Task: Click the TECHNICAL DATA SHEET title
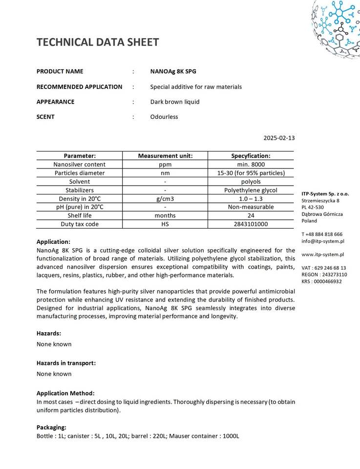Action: (x=98, y=42)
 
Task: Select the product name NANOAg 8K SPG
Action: (x=173, y=71)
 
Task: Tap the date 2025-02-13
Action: (x=279, y=138)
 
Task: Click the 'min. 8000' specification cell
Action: (x=251, y=165)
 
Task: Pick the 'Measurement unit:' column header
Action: (x=165, y=156)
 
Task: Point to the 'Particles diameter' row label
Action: (x=79, y=173)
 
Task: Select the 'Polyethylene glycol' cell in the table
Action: (x=251, y=190)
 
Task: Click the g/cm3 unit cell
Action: (x=165, y=199)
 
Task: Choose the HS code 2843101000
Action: (x=251, y=224)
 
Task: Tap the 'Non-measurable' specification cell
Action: (x=251, y=207)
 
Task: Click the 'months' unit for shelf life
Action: (x=165, y=216)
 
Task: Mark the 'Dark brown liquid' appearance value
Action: (x=175, y=102)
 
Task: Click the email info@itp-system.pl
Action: (x=323, y=241)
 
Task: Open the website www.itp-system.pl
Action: (x=323, y=255)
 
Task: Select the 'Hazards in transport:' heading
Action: (x=66, y=363)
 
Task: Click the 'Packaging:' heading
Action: (x=51, y=427)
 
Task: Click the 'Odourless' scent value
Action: (x=164, y=117)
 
